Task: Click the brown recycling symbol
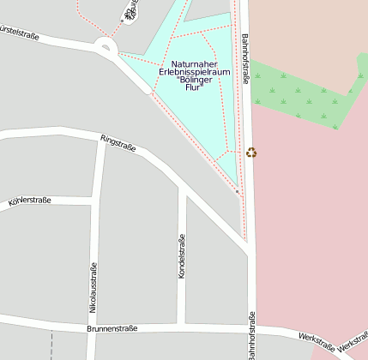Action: coord(251,153)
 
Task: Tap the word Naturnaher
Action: coord(194,64)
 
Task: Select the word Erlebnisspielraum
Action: coord(194,73)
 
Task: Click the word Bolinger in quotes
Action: coord(194,81)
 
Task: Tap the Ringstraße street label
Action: coord(118,141)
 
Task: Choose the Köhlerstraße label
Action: coord(30,201)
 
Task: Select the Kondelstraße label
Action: coord(181,256)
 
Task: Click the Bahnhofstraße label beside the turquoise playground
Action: coord(245,59)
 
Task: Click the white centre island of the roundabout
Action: coord(106,47)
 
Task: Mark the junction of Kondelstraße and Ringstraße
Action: coord(181,184)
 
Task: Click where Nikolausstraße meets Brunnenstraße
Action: coord(91,327)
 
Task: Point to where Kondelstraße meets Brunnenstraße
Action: coord(181,327)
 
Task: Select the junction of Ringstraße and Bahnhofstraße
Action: coord(246,247)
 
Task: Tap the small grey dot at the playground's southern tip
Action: coord(237,191)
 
